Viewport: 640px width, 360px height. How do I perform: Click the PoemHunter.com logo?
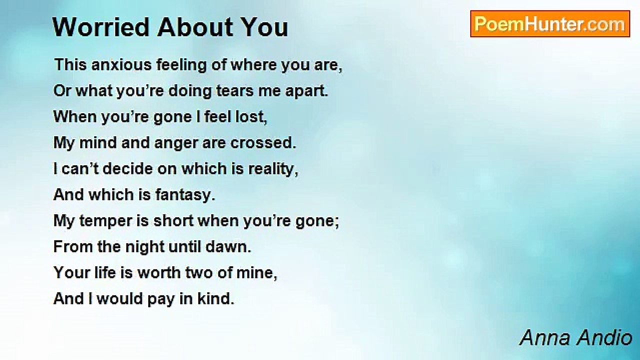click(x=550, y=24)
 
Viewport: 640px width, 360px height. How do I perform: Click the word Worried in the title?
click(x=101, y=27)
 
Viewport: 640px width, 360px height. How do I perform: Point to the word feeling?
click(x=181, y=65)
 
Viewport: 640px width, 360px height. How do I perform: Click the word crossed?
click(x=263, y=143)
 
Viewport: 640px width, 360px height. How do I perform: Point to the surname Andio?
click(x=604, y=338)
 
